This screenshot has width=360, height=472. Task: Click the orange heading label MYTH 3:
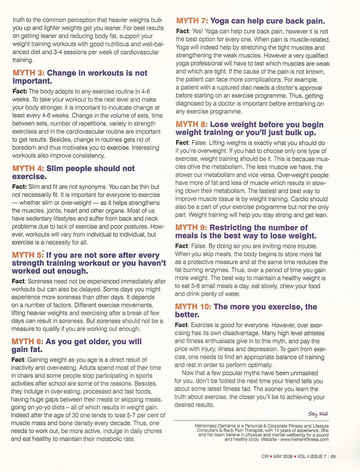point(28,73)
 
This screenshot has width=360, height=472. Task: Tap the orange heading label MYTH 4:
point(28,169)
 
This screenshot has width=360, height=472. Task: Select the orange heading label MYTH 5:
point(28,255)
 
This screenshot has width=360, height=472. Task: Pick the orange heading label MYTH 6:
point(27,342)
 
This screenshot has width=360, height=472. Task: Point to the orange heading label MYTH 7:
point(192,21)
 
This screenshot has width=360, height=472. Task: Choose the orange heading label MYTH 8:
point(192,125)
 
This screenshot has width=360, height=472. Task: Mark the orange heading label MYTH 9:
point(191,228)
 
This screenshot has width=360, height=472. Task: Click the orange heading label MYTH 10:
point(193,307)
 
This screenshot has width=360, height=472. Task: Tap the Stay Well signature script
point(318,414)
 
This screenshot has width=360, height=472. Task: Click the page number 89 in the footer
point(333,457)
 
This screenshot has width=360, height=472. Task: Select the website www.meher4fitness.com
point(304,439)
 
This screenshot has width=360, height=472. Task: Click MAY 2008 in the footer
point(283,457)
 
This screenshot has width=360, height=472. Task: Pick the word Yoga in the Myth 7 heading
point(219,21)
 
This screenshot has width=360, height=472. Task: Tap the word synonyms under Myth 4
point(93,187)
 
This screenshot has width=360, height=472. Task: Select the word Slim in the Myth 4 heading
point(55,169)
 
